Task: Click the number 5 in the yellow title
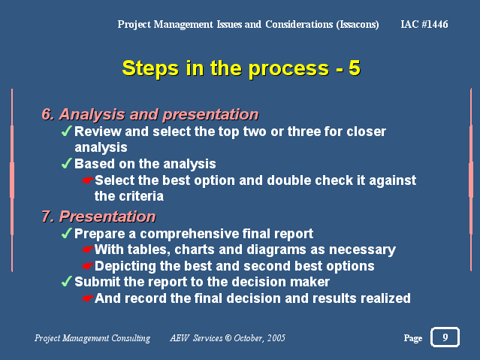355,68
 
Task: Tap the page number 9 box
445,337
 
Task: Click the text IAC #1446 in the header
424,24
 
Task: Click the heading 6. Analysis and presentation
150,114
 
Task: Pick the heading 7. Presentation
98,216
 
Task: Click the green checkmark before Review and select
67,131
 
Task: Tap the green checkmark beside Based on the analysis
67,163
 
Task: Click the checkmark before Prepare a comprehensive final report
67,233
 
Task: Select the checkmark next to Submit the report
67,281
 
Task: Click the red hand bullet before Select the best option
88,180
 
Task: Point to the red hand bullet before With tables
88,250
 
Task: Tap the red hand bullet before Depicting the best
88,266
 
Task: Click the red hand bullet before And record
88,298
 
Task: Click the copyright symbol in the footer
228,338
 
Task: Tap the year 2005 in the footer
276,338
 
